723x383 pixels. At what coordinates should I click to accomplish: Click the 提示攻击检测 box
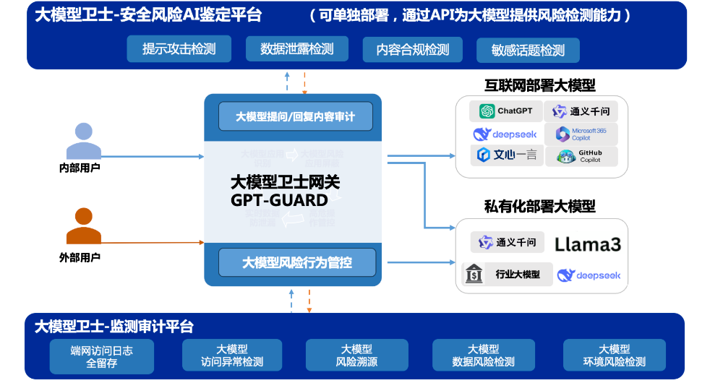pos(178,49)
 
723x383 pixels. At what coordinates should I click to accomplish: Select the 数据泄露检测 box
pos(296,49)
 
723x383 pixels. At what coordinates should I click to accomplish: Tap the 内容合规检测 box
pos(412,50)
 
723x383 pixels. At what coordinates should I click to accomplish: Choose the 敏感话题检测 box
pos(528,51)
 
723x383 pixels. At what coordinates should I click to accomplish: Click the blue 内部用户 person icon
pos(83,142)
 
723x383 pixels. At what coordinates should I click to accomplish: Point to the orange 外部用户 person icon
pos(83,227)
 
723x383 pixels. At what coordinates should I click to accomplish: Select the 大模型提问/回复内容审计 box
pos(296,116)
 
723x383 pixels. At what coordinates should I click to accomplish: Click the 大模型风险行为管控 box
pos(296,262)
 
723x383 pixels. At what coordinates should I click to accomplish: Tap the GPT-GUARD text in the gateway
pos(279,200)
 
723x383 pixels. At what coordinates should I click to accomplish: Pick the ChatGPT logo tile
pos(505,111)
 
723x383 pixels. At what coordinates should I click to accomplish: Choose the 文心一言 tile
pos(506,155)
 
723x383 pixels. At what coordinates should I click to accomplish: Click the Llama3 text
pos(587,244)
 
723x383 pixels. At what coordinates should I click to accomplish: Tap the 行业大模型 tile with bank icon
pos(506,275)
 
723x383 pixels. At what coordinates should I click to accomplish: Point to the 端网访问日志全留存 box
pos(102,356)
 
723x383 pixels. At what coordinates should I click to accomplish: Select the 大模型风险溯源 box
pos(356,356)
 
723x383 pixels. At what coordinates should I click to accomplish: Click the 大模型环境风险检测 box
pos(614,356)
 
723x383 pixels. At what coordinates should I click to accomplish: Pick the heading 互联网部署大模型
pos(540,86)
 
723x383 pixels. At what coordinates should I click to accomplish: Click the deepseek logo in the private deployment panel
pos(589,275)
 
